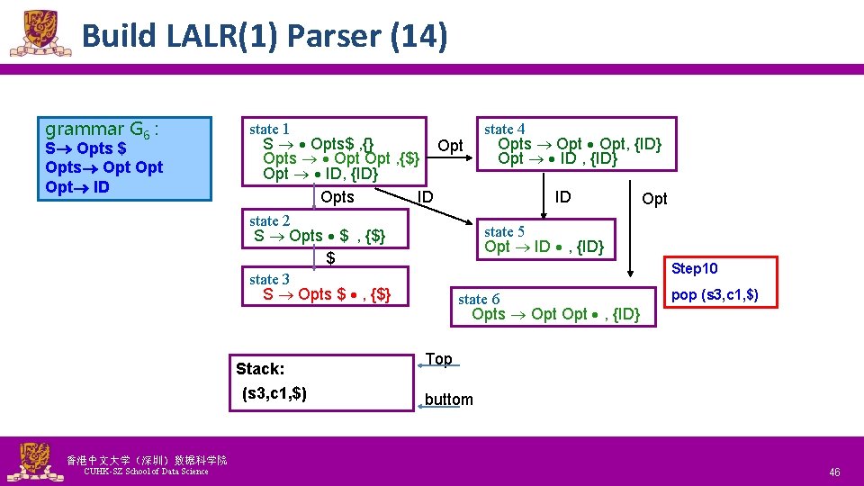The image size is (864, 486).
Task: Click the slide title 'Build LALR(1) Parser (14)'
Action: click(263, 36)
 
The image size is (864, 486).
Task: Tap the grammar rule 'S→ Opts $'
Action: click(85, 148)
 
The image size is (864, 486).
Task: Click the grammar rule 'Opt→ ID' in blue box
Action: click(76, 187)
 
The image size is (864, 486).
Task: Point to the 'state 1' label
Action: click(269, 130)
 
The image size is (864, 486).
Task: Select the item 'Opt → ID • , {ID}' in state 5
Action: click(544, 247)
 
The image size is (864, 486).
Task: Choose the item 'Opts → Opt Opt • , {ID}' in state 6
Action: click(555, 314)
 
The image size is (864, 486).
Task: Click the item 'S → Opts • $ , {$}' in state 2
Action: click(319, 236)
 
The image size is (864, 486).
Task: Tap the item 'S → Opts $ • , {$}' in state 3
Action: click(326, 294)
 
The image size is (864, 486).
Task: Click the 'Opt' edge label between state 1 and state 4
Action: click(450, 146)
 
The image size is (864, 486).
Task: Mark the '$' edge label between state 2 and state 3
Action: click(330, 258)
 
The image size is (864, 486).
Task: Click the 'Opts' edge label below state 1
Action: click(337, 197)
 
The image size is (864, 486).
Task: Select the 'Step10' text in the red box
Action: click(695, 269)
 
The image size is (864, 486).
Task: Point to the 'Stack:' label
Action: click(260, 369)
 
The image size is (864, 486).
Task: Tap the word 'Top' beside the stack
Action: click(438, 359)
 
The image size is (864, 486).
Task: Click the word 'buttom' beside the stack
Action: click(448, 400)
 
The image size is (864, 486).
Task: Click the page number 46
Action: click(834, 472)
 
